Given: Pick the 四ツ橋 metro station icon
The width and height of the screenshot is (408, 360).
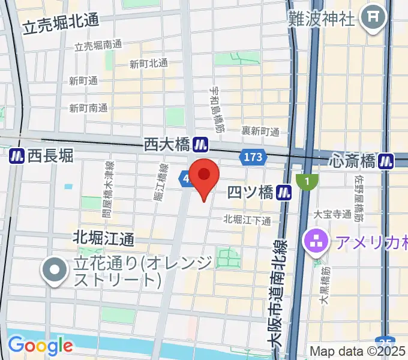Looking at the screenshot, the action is (x=285, y=193).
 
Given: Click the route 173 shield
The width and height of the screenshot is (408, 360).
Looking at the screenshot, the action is (x=253, y=158).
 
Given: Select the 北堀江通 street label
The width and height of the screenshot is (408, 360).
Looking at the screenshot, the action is (x=104, y=238).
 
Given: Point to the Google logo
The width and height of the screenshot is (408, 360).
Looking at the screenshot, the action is (x=40, y=346).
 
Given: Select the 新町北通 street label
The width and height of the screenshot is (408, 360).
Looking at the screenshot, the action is (x=149, y=64).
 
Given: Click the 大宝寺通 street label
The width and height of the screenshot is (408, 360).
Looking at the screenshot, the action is (x=332, y=213).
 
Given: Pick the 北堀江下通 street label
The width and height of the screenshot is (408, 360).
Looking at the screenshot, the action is (x=247, y=220).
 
